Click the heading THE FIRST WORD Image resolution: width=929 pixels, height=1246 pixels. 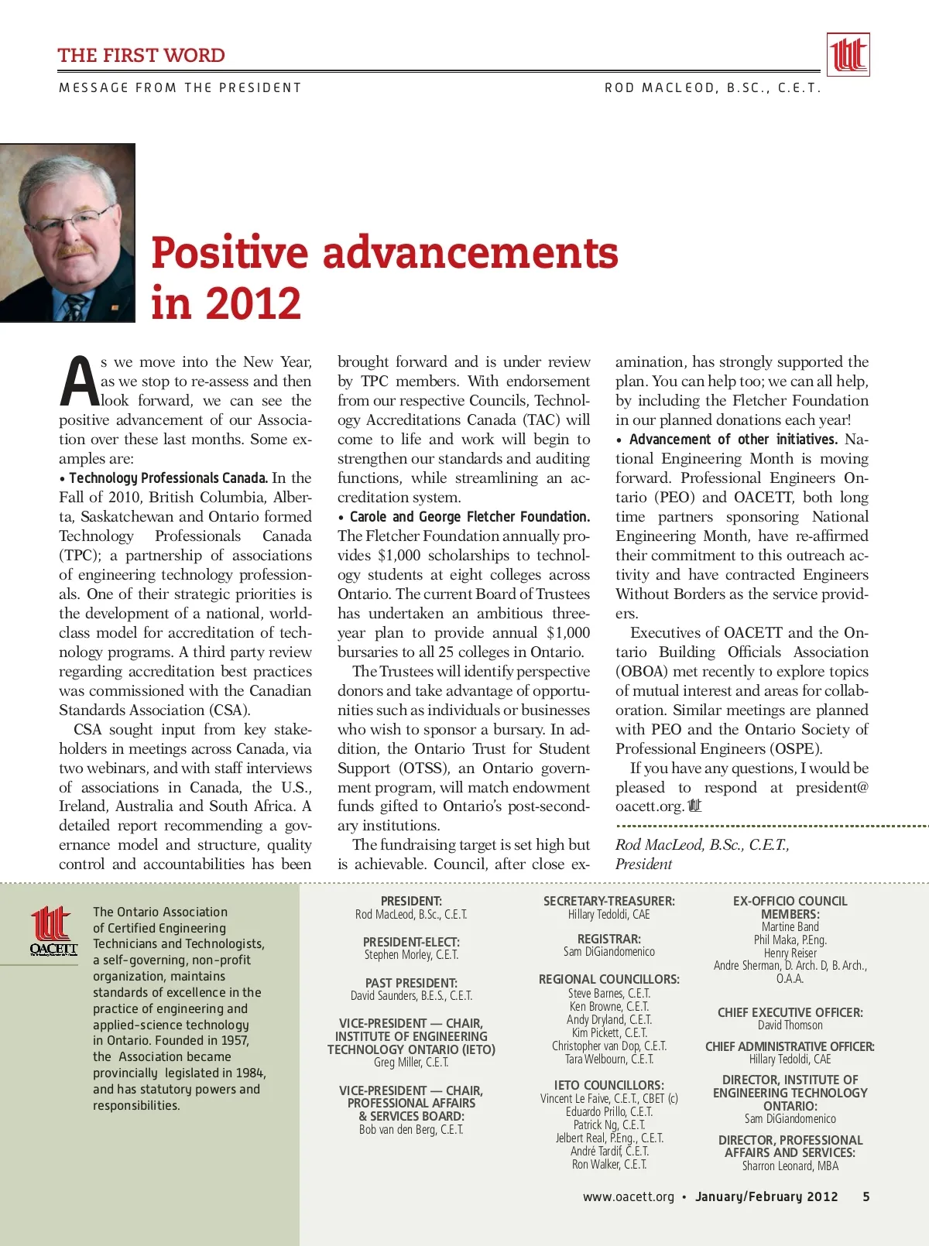(141, 56)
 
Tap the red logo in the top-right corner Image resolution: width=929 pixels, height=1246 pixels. (848, 54)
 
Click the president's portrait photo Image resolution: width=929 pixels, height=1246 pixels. (67, 233)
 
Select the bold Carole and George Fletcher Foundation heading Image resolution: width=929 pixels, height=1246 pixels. (469, 517)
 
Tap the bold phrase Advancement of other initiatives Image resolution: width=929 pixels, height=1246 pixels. (733, 440)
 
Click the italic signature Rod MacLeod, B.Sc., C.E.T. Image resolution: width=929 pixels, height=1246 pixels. (702, 845)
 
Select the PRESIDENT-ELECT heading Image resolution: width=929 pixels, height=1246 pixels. (411, 942)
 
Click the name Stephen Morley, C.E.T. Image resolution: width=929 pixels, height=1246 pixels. (411, 955)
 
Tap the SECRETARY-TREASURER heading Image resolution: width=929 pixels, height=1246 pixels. (608, 901)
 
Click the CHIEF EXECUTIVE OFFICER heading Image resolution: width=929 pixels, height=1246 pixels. (790, 1012)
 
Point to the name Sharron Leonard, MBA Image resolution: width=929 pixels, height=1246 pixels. (790, 1166)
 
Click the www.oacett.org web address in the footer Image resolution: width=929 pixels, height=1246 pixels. (629, 1196)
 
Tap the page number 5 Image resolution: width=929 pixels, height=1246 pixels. (866, 1196)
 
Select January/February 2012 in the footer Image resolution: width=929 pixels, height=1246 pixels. (766, 1196)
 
